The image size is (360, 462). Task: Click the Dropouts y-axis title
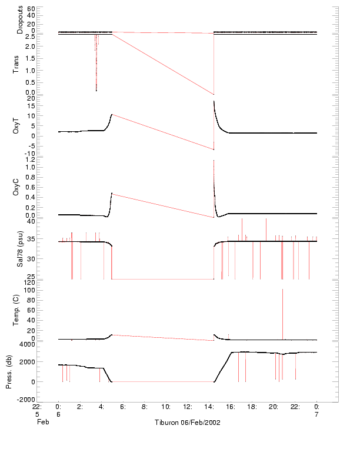20,21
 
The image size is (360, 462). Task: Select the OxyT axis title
16,126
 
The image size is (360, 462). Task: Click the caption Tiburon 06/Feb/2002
188,423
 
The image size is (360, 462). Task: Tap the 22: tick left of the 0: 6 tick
37,406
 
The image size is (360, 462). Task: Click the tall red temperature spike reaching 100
283,290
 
